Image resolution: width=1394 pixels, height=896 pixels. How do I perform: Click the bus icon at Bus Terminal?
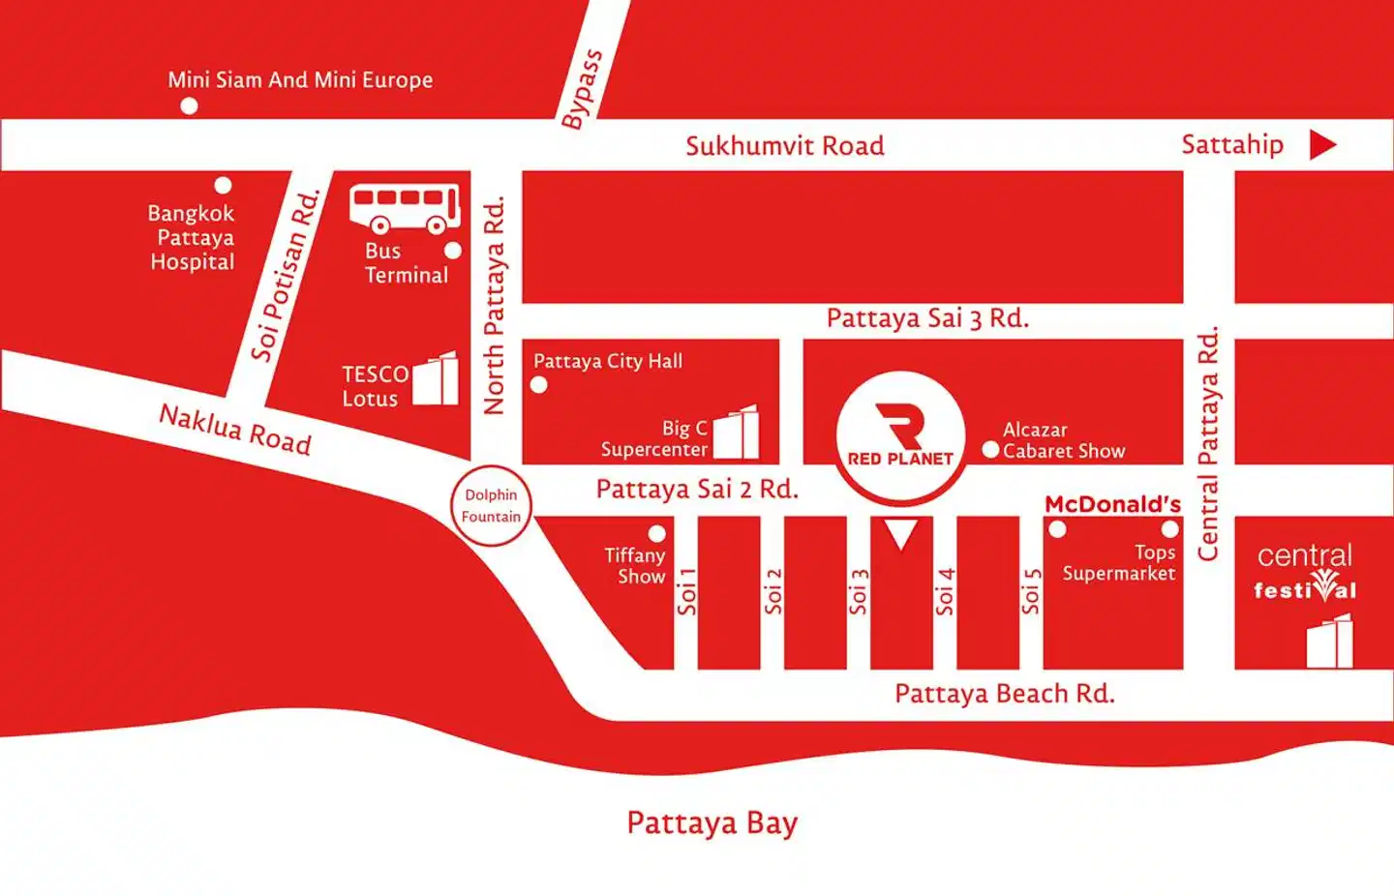405,208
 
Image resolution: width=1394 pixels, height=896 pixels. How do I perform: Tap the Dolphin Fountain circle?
491,505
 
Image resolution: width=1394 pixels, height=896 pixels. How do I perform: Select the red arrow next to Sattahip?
1322,145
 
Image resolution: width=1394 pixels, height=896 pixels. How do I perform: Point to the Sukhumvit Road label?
784,146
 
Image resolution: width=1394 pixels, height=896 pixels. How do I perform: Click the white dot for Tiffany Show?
656,533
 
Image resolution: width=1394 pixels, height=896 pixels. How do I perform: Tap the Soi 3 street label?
858,591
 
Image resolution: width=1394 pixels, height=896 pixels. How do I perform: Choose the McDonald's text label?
1112,504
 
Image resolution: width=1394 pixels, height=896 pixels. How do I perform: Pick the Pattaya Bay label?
712,822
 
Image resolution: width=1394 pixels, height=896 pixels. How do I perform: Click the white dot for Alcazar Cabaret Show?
990,450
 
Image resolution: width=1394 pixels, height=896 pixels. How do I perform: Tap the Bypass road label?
582,89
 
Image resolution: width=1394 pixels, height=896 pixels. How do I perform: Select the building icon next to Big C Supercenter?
737,433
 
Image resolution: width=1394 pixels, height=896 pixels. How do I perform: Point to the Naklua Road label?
235,430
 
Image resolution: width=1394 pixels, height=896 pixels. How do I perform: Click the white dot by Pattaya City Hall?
539,385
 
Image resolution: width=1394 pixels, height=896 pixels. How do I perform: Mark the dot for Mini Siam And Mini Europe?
190,105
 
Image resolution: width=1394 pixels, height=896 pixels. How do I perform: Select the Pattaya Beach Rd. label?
1004,694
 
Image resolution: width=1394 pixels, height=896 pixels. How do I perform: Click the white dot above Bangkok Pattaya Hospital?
223,185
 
